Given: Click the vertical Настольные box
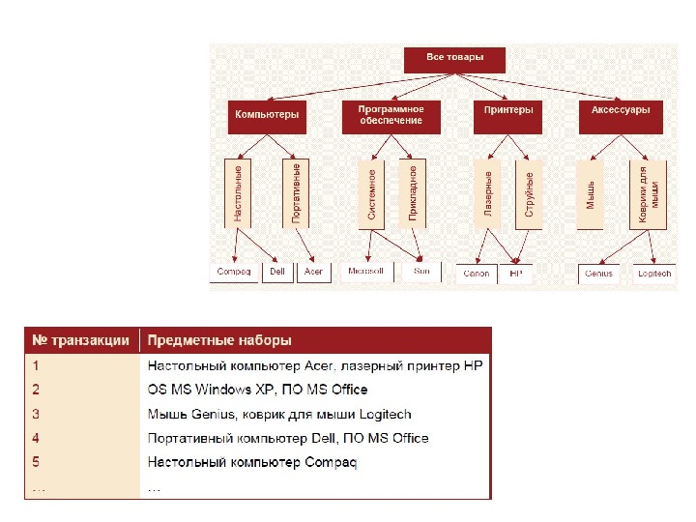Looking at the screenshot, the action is tap(238, 193).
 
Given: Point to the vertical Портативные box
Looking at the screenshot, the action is tap(296, 193).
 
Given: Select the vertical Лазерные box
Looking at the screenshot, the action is tap(488, 193).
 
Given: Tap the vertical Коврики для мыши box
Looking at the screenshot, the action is tap(649, 193).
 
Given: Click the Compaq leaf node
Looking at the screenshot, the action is tap(234, 272).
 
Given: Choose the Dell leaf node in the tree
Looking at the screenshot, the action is tap(277, 272).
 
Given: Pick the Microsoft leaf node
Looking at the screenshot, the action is tap(365, 271).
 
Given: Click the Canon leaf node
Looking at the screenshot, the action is tap(477, 274).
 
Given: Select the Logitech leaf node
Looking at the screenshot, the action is tap(653, 274).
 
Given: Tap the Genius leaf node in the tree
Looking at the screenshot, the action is tap(598, 274).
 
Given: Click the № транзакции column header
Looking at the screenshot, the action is tap(81, 340).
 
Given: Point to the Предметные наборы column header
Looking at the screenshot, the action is tap(218, 340).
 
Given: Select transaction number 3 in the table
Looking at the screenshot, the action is tap(36, 414).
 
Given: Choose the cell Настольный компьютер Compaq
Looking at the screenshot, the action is tap(251, 462).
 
